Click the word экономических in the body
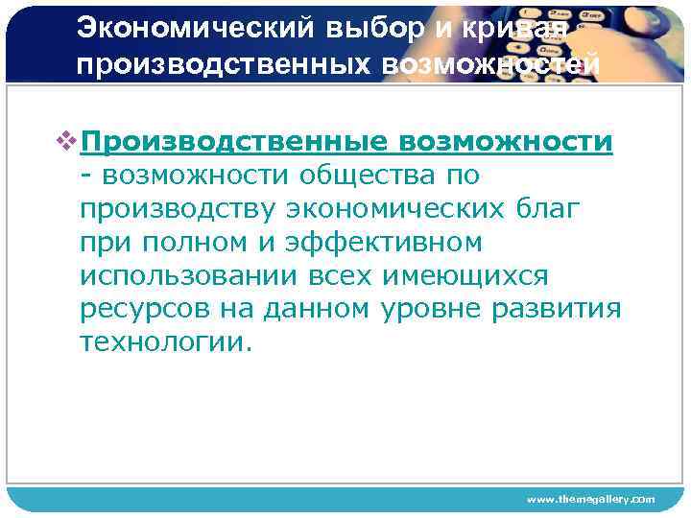coord(393,209)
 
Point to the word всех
coord(335,276)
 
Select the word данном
coord(316,310)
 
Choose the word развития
coord(566,310)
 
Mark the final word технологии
coord(166,343)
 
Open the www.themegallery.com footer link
coord(590,499)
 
